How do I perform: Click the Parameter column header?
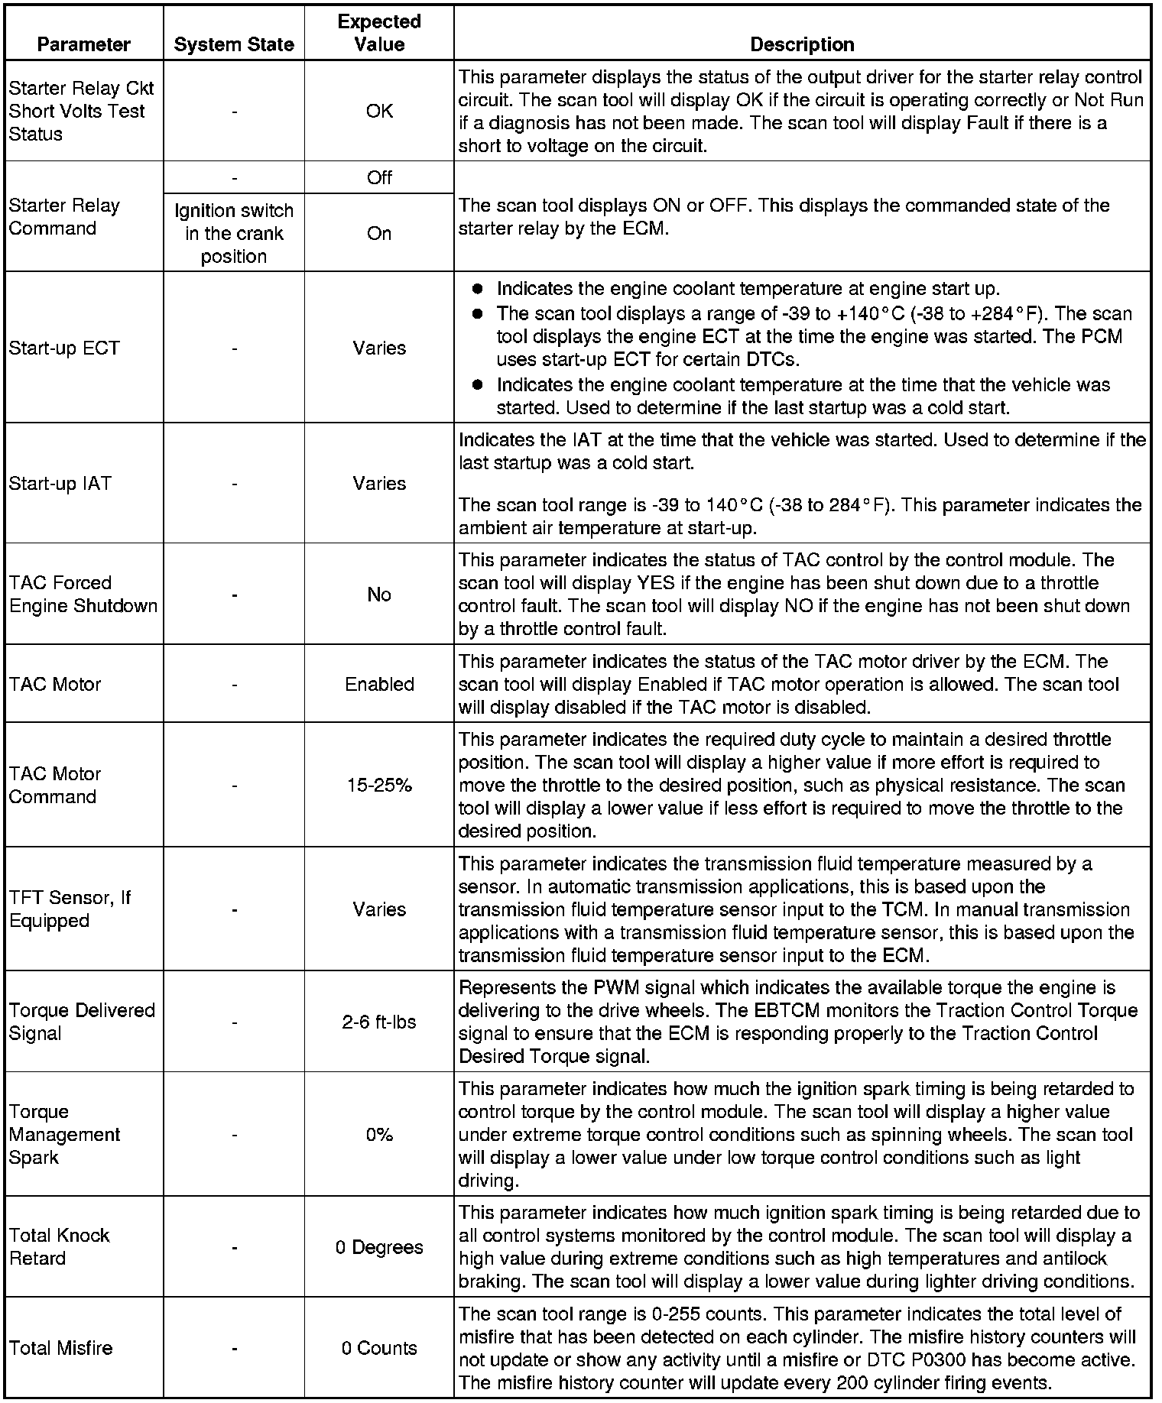pos(83,44)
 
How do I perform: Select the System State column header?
pos(234,44)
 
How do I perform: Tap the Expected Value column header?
pos(379,33)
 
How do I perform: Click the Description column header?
pos(802,44)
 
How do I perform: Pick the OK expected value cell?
pos(379,111)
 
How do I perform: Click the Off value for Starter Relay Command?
pos(379,178)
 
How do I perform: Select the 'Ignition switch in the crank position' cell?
pos(234,233)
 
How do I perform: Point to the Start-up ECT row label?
pos(64,348)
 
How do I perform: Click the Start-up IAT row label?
pos(60,483)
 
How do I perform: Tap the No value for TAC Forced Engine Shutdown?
pos(379,595)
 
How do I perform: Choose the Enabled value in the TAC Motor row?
pos(379,684)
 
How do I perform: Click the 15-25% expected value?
pos(379,785)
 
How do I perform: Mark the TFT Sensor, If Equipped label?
pos(70,909)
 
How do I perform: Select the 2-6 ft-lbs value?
pos(379,1022)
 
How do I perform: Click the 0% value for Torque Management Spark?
pos(379,1135)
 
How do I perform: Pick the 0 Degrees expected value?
pos(379,1247)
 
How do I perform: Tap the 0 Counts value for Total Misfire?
pos(379,1348)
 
